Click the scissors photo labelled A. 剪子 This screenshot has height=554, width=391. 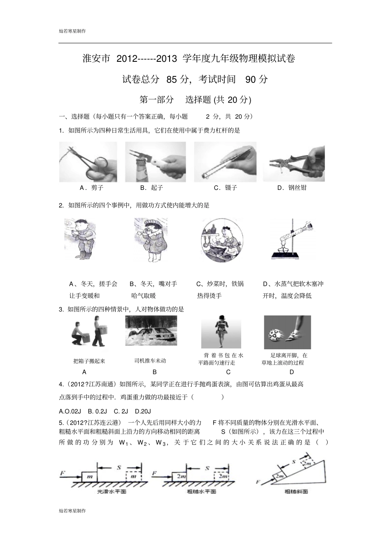pos(88,162)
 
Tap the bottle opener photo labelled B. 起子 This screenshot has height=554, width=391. pos(155,162)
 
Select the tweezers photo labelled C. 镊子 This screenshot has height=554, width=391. pos(225,162)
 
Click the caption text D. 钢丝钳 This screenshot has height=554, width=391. pos(292,188)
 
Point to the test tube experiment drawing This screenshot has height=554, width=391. pos(290,239)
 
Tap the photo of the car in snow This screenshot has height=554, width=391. pos(151,331)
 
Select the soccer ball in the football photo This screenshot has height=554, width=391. pos(275,335)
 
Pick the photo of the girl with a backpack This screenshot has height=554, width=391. pos(221,332)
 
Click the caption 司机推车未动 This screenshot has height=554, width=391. pos(150,361)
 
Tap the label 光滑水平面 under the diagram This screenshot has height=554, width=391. pos(112,491)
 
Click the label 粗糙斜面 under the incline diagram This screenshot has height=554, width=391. pos(296,491)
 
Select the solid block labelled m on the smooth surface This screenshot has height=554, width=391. pos(89,476)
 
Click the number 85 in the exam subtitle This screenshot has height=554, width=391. pos(172,79)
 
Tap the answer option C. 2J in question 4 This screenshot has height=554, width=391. pos(121,411)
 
